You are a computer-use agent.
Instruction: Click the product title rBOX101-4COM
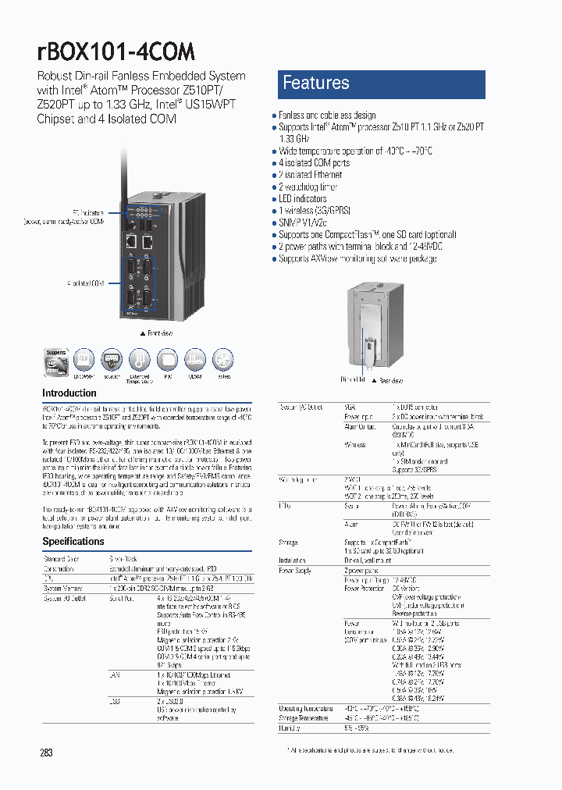pyautogui.click(x=116, y=52)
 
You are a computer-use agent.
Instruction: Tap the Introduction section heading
pyautogui.click(x=69, y=393)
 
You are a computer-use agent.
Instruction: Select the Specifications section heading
pyautogui.click(x=73, y=541)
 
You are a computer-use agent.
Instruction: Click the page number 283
pyautogui.click(x=46, y=753)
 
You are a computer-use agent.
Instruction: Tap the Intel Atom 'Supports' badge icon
pyautogui.click(x=56, y=361)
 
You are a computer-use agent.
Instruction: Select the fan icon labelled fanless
pyautogui.click(x=223, y=361)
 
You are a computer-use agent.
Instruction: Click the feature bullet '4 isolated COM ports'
pyautogui.click(x=314, y=163)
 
